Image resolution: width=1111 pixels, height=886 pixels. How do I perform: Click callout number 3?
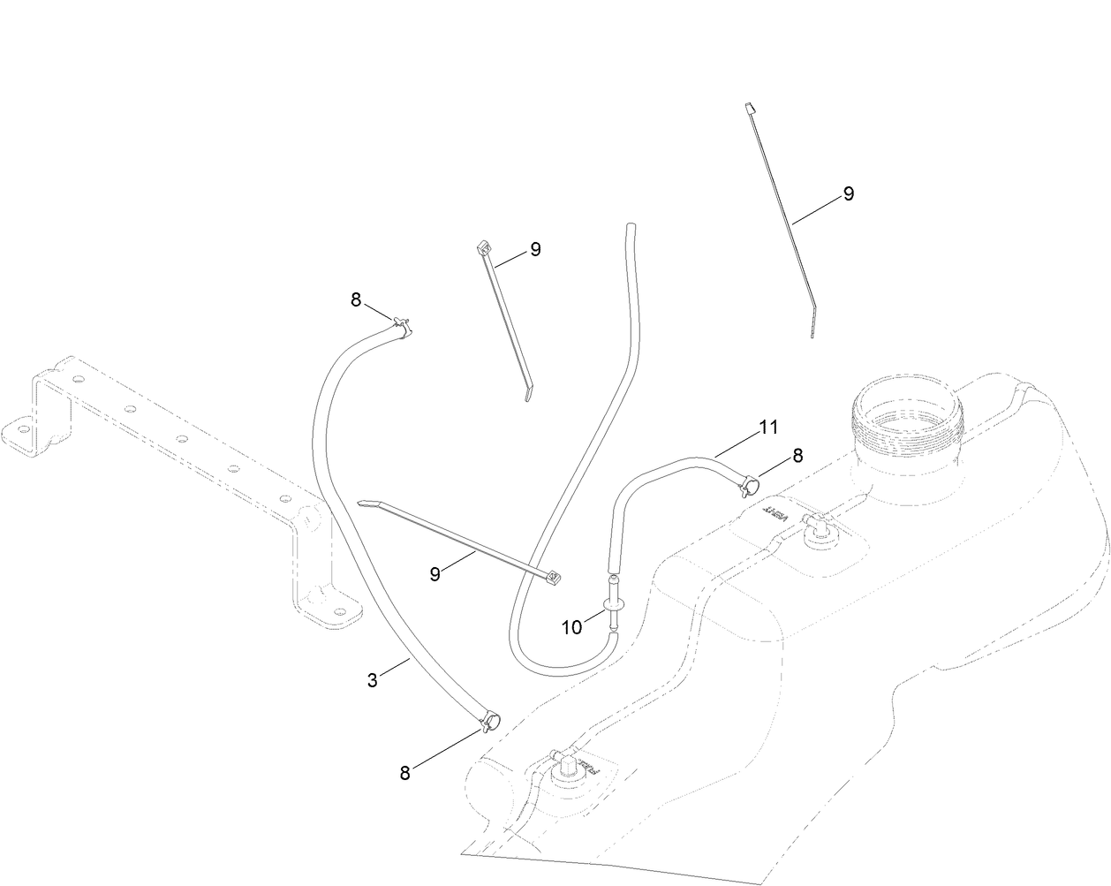372,680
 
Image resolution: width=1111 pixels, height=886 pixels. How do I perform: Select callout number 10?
571,627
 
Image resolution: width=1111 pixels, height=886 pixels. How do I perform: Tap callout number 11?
767,428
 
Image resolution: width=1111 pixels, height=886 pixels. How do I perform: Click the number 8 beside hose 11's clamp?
797,456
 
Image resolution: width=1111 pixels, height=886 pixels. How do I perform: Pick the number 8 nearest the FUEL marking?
405,773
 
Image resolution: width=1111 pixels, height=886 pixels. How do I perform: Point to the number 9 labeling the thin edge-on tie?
848,194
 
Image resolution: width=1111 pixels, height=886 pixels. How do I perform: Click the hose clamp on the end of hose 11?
746,482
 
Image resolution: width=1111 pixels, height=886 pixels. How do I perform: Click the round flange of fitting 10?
613,603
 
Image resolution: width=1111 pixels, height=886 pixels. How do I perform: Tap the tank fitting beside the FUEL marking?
563,763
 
